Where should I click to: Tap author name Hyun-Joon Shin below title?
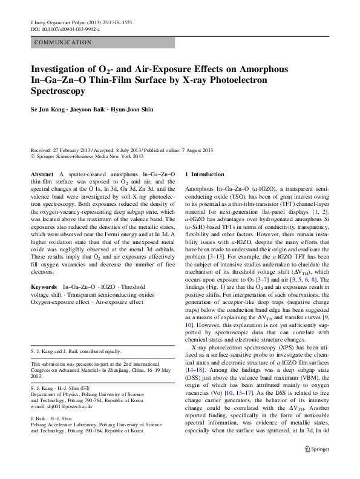point(133,110)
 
